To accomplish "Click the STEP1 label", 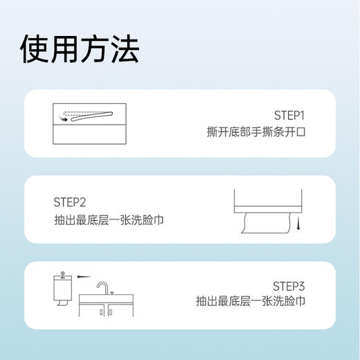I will point(289,114).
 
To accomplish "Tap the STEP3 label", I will point(289,285).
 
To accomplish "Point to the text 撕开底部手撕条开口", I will point(256,131).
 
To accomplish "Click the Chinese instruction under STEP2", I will point(109,220).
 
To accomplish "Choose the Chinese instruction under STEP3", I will point(250,302).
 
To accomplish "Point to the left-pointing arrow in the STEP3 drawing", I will point(84,276).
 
